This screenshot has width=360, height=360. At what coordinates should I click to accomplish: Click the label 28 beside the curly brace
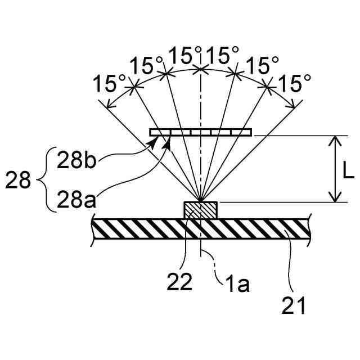tap(19, 181)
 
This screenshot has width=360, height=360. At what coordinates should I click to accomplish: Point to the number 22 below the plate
tap(179, 281)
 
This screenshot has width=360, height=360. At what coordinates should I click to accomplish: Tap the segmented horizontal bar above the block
tap(201, 133)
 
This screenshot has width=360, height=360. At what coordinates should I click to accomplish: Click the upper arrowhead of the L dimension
tap(335, 140)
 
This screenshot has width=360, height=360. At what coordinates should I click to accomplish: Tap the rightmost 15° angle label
tap(295, 84)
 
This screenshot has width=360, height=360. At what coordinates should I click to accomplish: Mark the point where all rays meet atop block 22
tap(201, 201)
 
